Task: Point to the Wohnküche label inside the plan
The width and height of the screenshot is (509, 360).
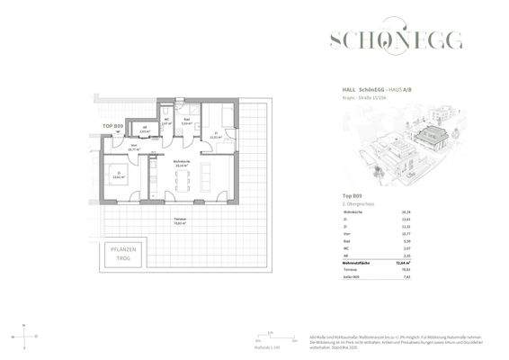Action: tap(181, 163)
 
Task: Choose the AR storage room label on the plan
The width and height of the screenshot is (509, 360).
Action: tap(147, 129)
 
